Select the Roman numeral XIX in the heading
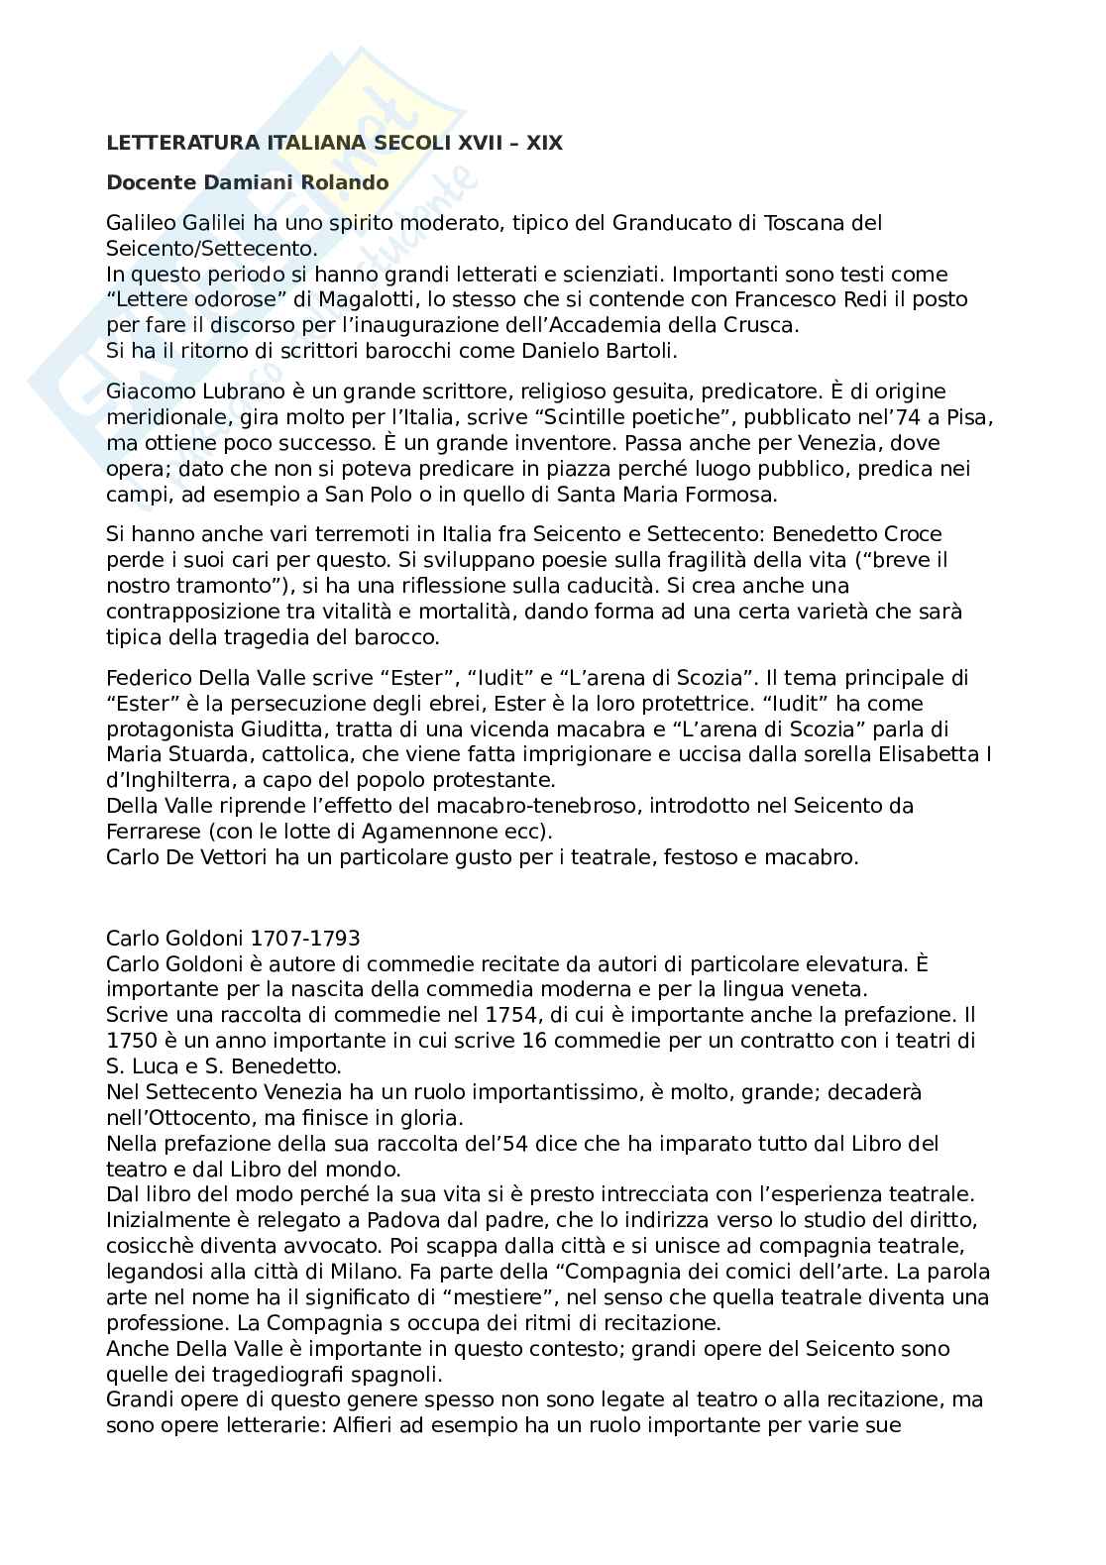point(543,143)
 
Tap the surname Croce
point(909,534)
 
